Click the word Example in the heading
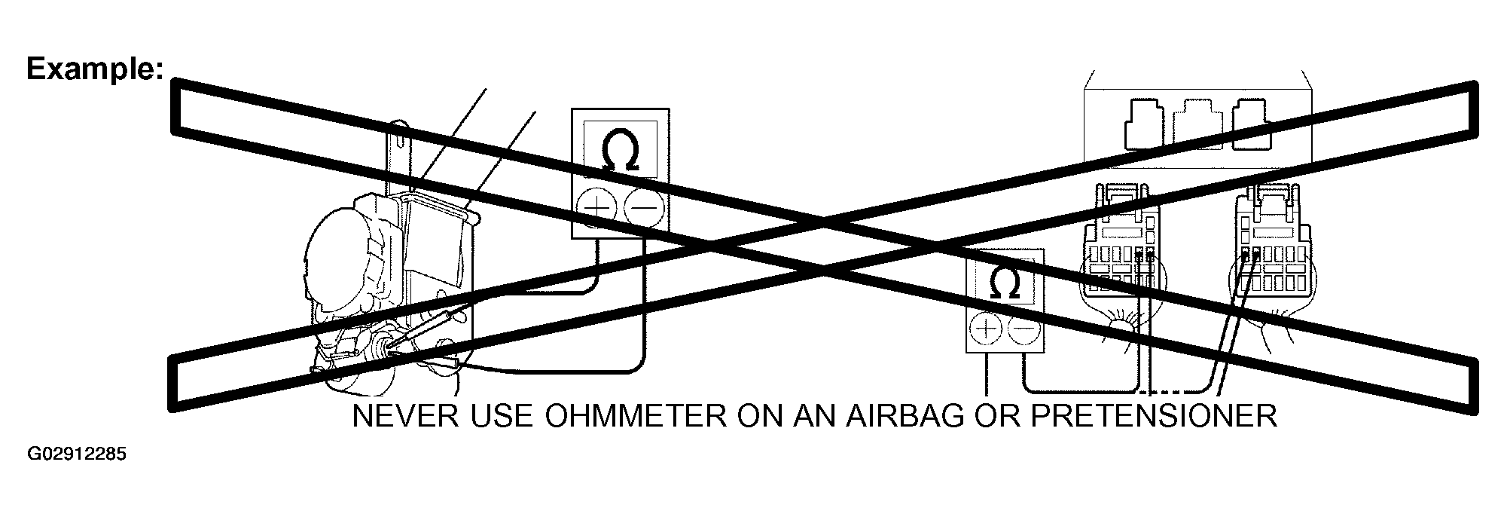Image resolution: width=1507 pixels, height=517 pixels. click(x=94, y=69)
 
